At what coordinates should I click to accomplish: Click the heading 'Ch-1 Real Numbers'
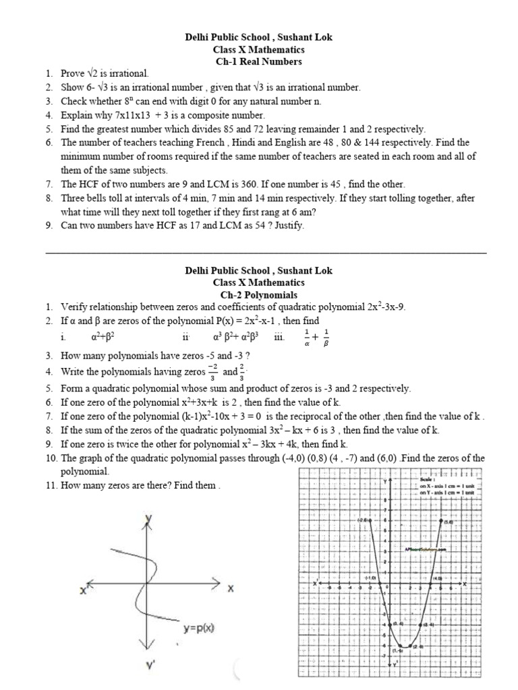click(258, 61)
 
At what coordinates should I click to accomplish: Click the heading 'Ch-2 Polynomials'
click(258, 294)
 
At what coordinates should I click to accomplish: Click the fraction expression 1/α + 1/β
click(316, 336)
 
